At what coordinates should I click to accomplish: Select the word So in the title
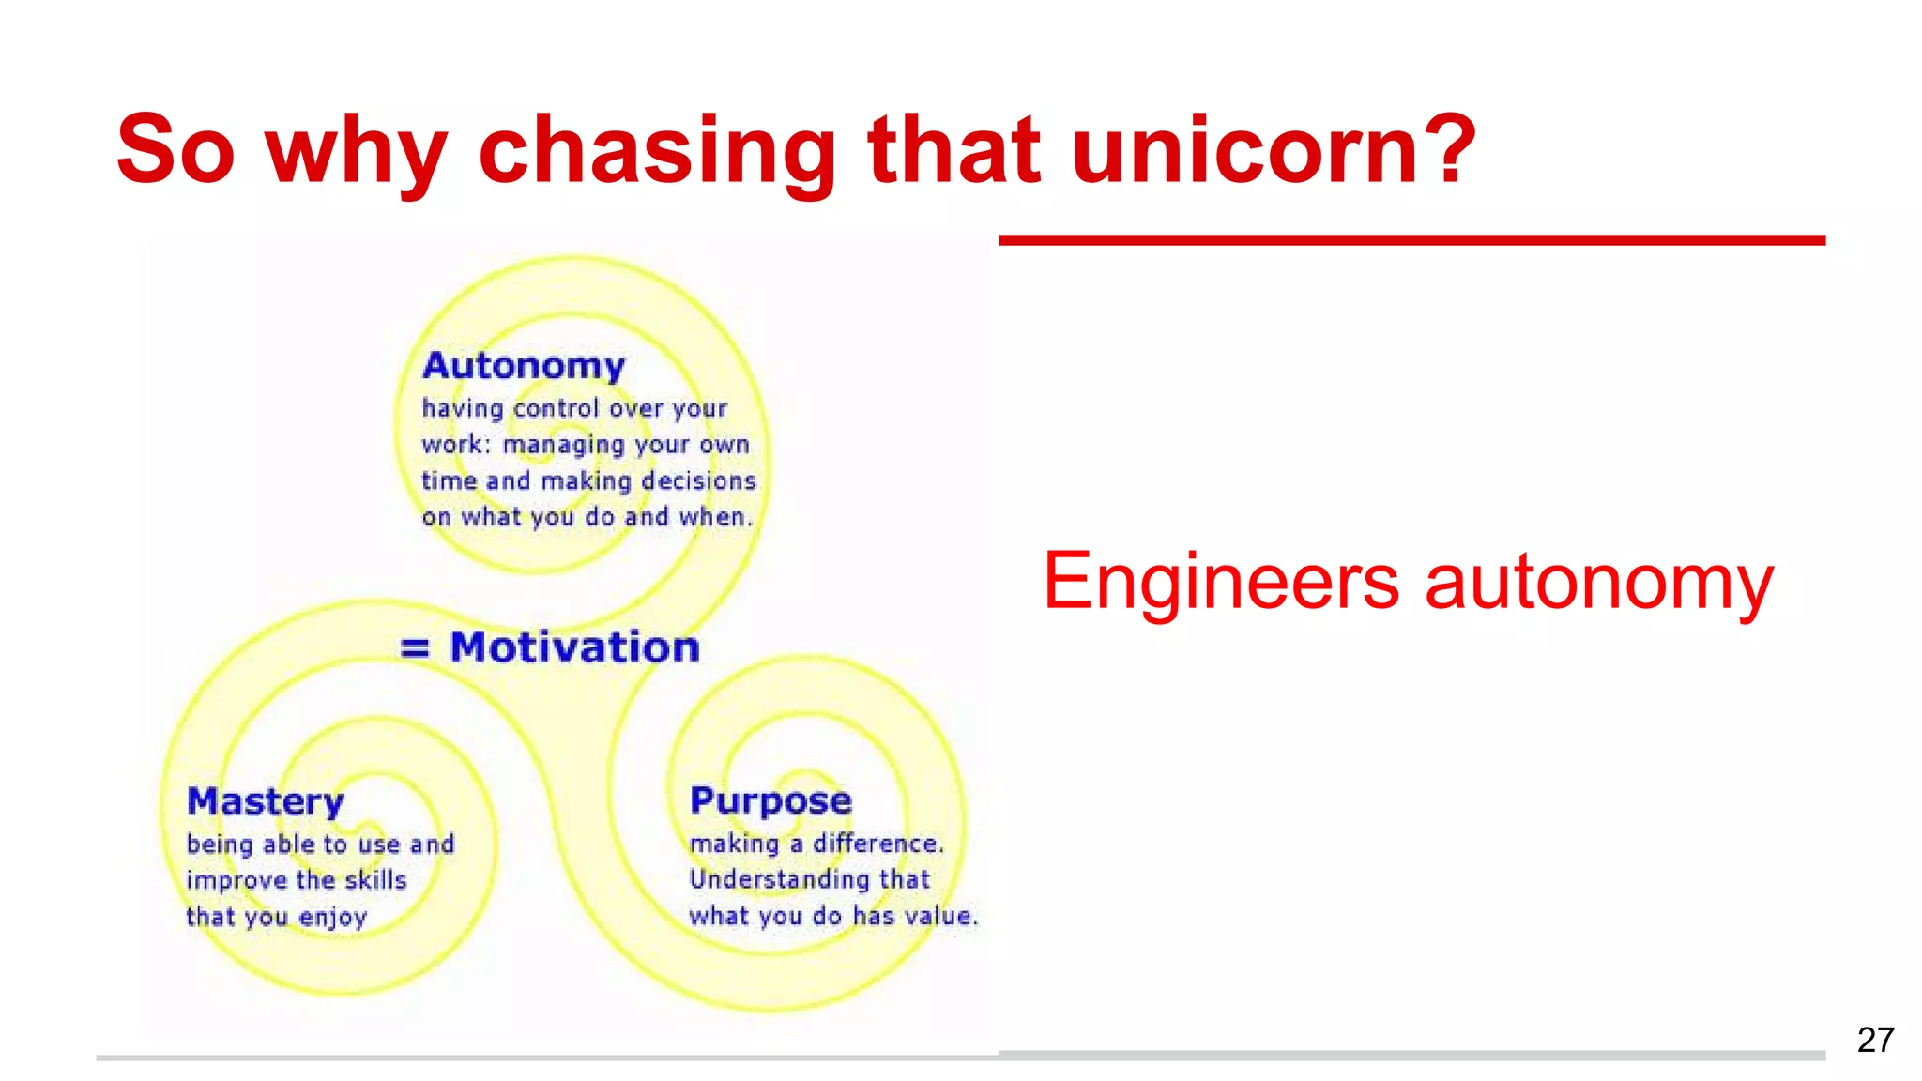175,150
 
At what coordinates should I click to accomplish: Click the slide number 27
1875,1040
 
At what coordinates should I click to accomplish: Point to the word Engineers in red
1221,581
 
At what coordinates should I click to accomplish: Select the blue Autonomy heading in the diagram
524,366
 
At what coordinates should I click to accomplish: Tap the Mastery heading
266,802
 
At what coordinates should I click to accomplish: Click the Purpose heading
770,801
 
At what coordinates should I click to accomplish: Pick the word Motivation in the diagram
575,647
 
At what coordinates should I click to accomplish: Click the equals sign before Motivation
415,647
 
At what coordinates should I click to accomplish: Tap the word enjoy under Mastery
333,918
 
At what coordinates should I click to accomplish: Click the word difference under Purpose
877,844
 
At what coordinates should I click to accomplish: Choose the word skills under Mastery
375,880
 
